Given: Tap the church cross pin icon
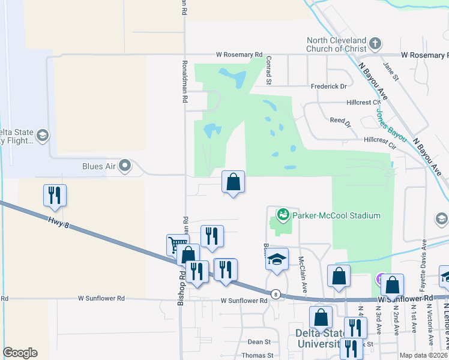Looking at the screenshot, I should pyautogui.click(x=375, y=43).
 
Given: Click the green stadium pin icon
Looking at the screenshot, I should pyautogui.click(x=282, y=214).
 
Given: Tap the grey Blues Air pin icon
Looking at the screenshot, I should pyautogui.click(x=125, y=165).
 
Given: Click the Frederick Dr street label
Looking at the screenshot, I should pyautogui.click(x=328, y=86).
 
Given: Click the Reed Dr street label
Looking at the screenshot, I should pyautogui.click(x=340, y=122).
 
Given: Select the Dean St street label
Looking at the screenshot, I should pyautogui.click(x=259, y=342).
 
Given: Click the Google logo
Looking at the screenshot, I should pyautogui.click(x=20, y=353).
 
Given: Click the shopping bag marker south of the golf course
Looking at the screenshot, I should pyautogui.click(x=232, y=181).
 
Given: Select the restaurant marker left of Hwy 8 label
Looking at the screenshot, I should pyautogui.click(x=55, y=194).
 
